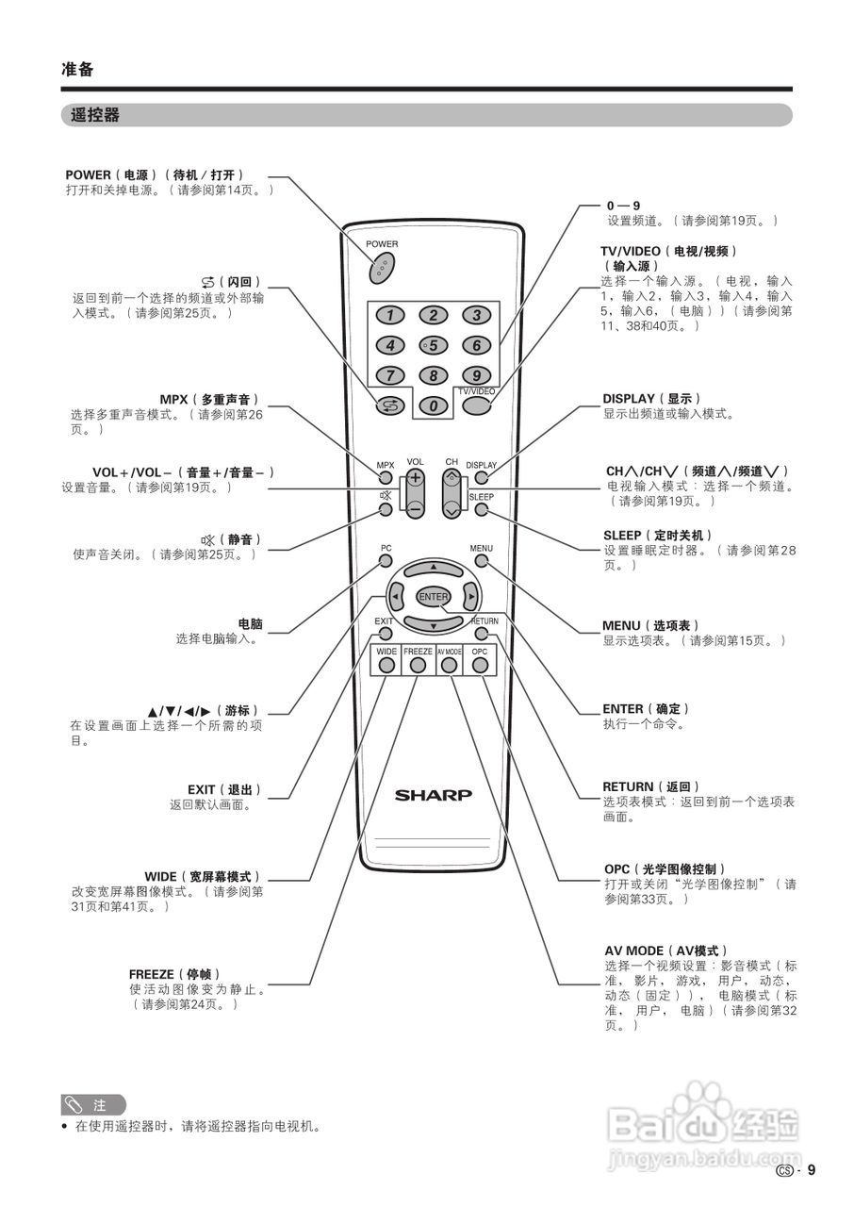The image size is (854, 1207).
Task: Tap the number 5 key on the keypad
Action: click(433, 345)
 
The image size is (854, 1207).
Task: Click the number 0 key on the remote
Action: click(433, 405)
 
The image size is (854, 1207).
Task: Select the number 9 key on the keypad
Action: click(477, 375)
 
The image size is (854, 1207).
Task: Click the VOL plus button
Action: click(415, 478)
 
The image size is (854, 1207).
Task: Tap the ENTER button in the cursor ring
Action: click(434, 597)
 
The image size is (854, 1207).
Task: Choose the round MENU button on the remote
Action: click(482, 561)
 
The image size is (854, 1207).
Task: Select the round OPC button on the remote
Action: click(480, 665)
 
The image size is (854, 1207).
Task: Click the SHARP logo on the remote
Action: click(434, 795)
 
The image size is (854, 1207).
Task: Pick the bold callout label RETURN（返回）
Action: click(651, 786)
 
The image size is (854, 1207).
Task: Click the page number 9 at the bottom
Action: click(811, 1170)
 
